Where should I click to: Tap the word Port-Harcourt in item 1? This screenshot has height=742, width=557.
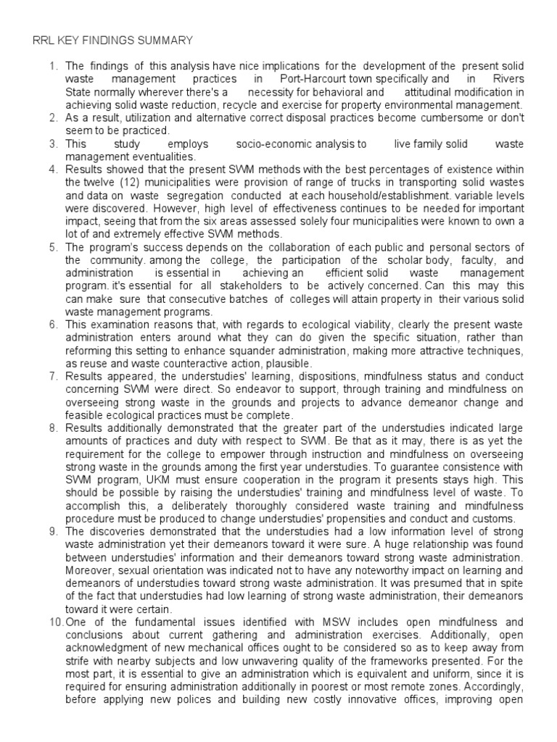pyautogui.click(x=313, y=78)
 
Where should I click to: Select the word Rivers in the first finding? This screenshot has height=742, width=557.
pyautogui.click(x=506, y=78)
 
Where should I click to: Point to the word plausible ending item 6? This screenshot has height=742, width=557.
pyautogui.click(x=289, y=364)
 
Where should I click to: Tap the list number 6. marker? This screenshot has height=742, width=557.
pyautogui.click(x=53, y=325)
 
